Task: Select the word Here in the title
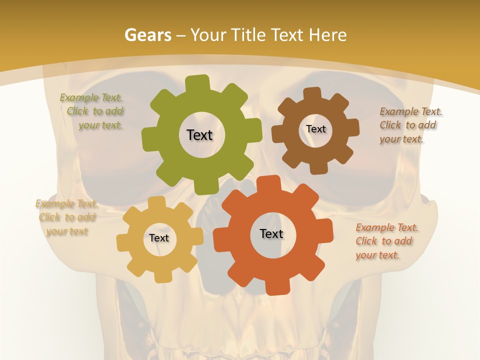tap(327, 35)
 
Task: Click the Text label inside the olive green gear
tap(199, 135)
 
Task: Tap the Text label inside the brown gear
tap(315, 129)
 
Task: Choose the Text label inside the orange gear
tap(271, 233)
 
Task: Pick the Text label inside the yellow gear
tap(159, 238)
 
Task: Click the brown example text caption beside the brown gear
tap(410, 125)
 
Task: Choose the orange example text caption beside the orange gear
tap(386, 241)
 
